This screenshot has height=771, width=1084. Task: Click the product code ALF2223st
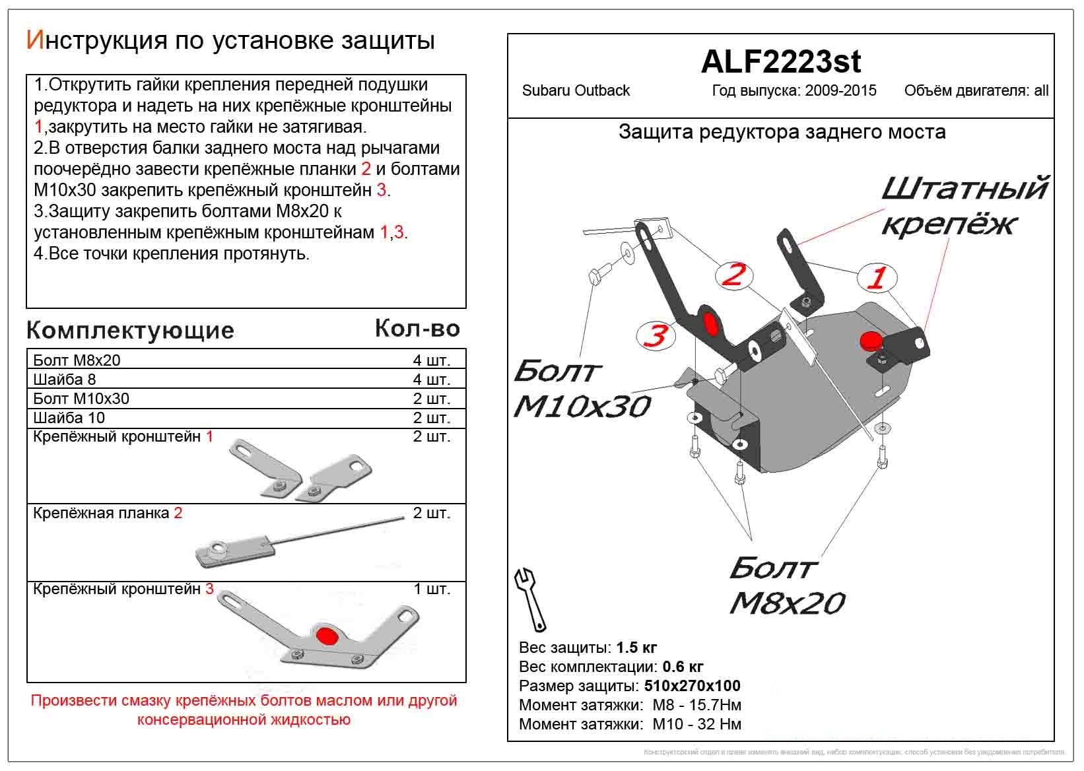click(x=780, y=62)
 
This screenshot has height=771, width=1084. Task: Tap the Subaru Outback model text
click(x=576, y=91)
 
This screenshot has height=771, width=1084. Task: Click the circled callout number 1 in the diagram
click(x=877, y=278)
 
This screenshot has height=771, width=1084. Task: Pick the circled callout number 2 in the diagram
click(x=733, y=275)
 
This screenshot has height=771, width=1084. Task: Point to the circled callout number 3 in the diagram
click(x=656, y=336)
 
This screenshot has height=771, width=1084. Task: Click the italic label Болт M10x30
click(x=581, y=389)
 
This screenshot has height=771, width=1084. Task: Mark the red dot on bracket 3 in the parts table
click(x=326, y=635)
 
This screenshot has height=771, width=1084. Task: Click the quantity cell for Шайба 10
click(x=431, y=418)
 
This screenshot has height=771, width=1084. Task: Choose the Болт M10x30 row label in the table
click(x=81, y=399)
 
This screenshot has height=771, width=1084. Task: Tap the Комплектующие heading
click(x=130, y=330)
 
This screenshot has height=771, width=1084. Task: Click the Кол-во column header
click(x=417, y=328)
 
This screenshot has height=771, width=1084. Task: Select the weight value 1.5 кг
click(x=636, y=648)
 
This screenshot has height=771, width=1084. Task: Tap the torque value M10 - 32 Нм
click(x=696, y=724)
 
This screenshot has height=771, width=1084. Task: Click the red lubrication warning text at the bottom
click(x=244, y=710)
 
